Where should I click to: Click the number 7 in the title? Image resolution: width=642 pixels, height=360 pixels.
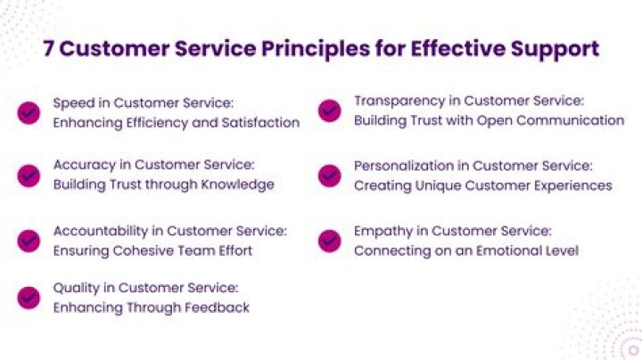click(x=49, y=48)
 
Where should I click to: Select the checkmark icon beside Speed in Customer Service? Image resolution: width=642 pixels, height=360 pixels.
click(x=29, y=112)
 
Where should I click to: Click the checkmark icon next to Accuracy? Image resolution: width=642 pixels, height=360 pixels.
click(x=29, y=176)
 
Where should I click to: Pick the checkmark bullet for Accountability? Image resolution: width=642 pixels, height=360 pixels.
click(x=29, y=241)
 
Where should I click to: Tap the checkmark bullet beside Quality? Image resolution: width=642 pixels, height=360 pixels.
click(x=29, y=298)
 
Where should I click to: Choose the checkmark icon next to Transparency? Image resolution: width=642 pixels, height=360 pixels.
click(x=330, y=111)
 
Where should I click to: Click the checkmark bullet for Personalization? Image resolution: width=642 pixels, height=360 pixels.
click(x=330, y=176)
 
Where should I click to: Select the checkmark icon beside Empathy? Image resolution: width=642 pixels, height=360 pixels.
click(x=330, y=241)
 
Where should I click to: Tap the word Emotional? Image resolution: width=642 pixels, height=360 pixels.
click(x=502, y=250)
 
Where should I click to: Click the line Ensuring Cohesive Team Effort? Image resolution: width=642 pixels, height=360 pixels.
click(x=152, y=250)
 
